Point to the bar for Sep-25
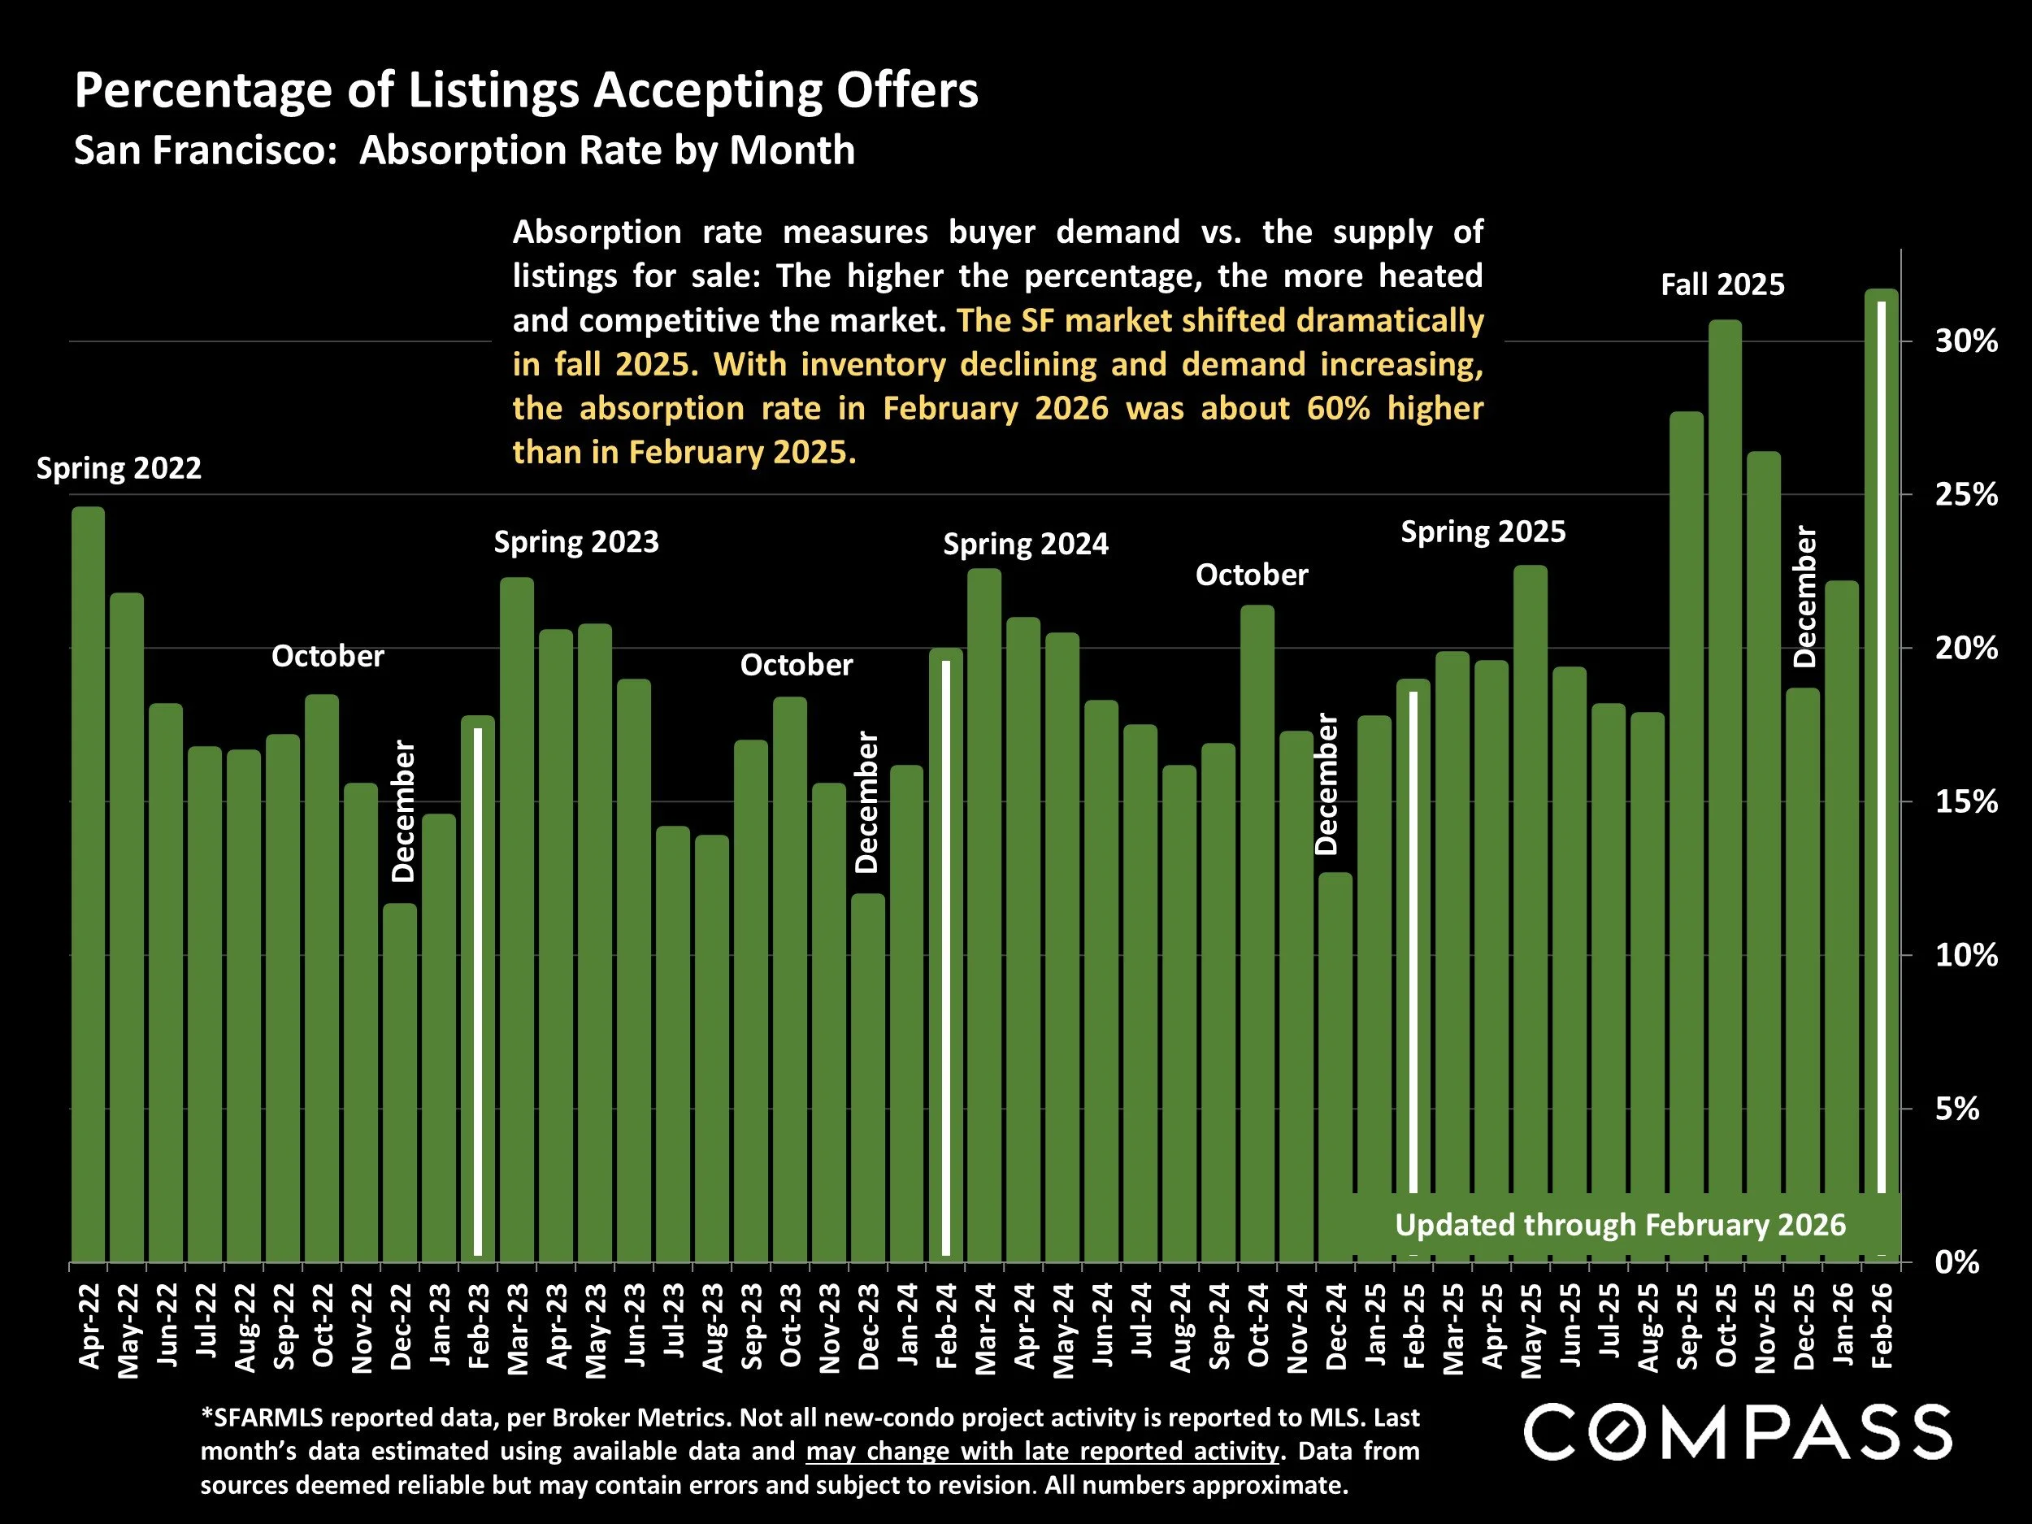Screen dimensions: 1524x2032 (x=1686, y=836)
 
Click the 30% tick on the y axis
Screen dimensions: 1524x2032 (x=1966, y=341)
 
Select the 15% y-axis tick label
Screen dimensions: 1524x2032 (x=1966, y=803)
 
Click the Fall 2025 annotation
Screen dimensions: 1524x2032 (x=1722, y=284)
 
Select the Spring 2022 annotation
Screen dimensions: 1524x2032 (x=119, y=468)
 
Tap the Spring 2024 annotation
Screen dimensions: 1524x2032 (x=1025, y=545)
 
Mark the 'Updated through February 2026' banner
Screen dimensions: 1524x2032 (x=1620, y=1226)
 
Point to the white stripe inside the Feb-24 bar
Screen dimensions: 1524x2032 (x=946, y=955)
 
